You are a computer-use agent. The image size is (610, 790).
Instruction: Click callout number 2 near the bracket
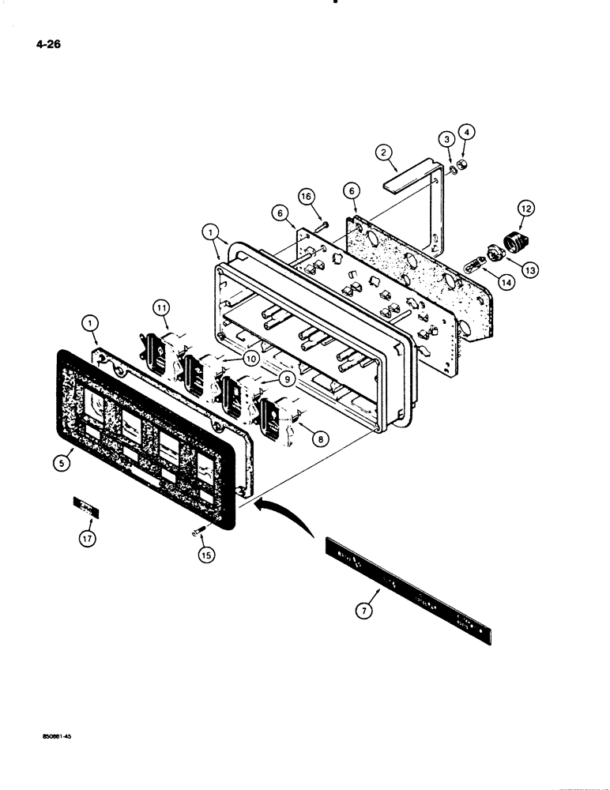(382, 152)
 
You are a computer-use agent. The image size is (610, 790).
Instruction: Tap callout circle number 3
(446, 140)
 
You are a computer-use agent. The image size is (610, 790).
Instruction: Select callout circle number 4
(467, 131)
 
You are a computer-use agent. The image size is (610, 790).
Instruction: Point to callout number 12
(525, 209)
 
